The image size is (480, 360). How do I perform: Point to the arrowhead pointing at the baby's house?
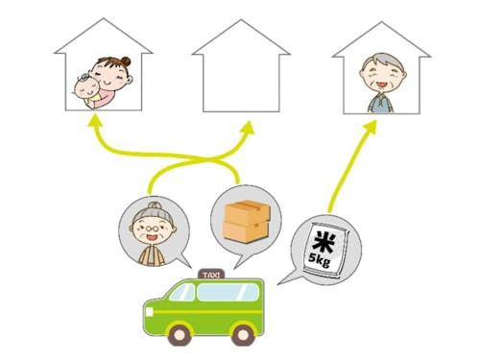pyautogui.click(x=96, y=119)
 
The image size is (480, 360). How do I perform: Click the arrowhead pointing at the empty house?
pyautogui.click(x=249, y=127)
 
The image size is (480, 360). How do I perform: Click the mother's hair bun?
pyautogui.click(x=121, y=60)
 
